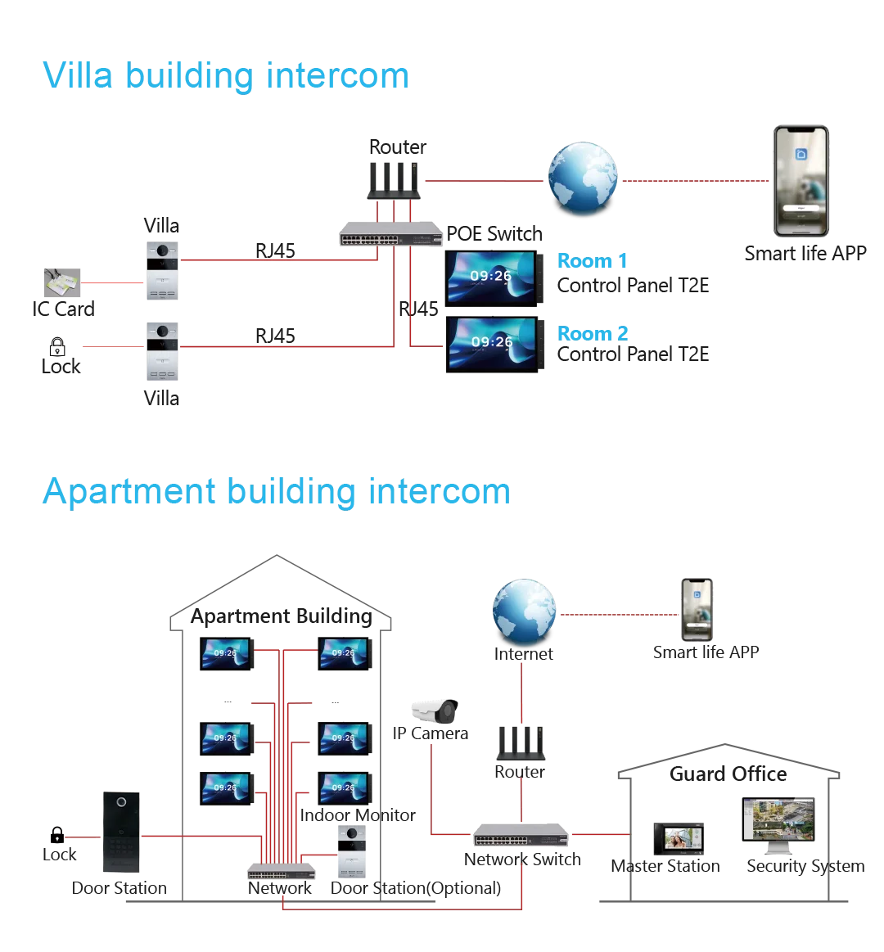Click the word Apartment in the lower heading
[127, 490]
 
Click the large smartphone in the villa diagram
[802, 184]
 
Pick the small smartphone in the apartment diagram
[697, 609]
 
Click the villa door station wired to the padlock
[164, 354]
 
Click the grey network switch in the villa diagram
[389, 237]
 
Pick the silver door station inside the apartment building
[349, 853]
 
